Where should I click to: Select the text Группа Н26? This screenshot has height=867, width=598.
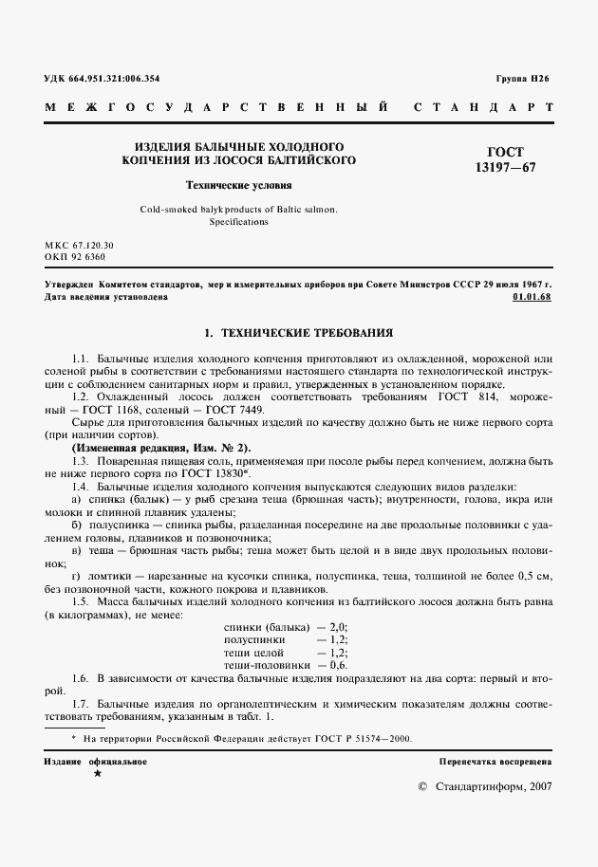click(522, 80)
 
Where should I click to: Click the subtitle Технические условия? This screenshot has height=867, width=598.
click(238, 185)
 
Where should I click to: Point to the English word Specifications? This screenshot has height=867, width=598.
click(238, 222)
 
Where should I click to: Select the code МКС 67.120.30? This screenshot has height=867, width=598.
click(79, 245)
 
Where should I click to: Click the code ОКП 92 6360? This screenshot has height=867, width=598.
click(75, 256)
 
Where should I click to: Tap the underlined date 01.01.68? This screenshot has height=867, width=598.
click(532, 297)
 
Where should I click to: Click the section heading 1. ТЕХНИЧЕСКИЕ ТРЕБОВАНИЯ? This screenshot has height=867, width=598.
click(298, 334)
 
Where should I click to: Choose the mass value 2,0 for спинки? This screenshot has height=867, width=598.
click(338, 627)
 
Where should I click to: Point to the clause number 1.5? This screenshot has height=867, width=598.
click(80, 601)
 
